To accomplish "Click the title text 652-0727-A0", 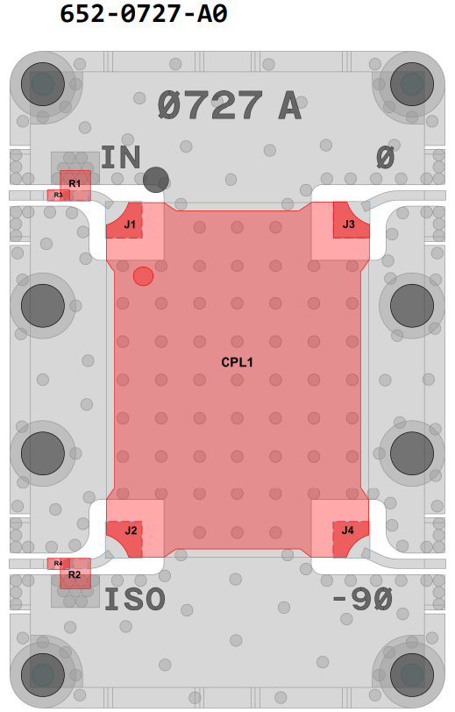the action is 144,13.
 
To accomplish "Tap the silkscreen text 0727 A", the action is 230,105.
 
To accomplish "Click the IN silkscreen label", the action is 120,157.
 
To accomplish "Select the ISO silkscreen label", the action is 135,599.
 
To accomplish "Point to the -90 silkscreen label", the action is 362,599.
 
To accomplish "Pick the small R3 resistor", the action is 59,196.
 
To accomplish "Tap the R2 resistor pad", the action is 75,573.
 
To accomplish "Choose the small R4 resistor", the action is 59,564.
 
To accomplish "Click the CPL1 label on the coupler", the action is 237,362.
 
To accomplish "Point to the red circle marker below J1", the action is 143,276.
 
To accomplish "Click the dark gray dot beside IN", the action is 156,180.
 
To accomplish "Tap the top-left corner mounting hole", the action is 43,84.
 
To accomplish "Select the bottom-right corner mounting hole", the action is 412,675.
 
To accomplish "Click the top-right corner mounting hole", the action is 412,84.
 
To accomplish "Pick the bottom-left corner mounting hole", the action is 43,675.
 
